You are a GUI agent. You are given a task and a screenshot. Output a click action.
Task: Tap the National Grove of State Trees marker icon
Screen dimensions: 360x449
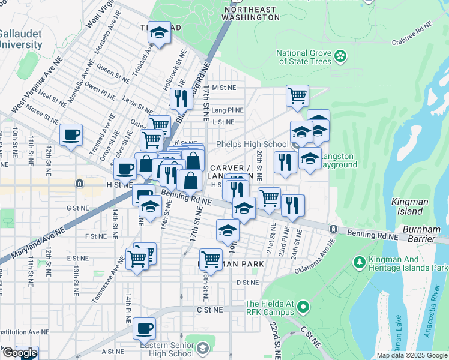[x=340, y=56]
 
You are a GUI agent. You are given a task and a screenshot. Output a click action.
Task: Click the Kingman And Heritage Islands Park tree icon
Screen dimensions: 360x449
[x=359, y=262]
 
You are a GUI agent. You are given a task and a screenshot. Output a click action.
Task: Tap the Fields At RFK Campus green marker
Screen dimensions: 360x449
[x=303, y=308]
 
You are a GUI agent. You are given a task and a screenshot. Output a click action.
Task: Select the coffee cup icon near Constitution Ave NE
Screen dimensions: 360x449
[x=144, y=328]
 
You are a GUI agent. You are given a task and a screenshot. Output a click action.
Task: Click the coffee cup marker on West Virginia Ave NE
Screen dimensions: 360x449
[x=71, y=134]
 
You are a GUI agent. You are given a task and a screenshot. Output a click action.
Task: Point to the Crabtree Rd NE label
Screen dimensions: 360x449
[x=412, y=34]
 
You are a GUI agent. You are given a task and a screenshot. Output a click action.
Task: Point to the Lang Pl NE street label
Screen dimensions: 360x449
[x=228, y=110]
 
